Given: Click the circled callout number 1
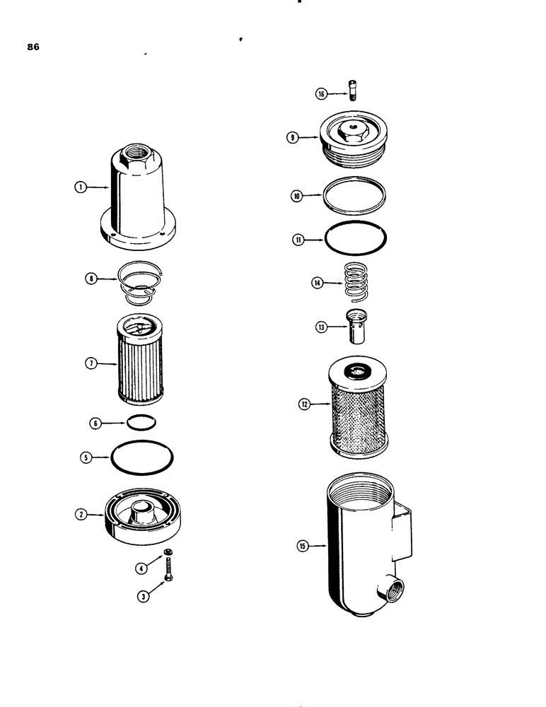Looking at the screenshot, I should tap(81, 187).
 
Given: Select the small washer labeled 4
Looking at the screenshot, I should tap(169, 552).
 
